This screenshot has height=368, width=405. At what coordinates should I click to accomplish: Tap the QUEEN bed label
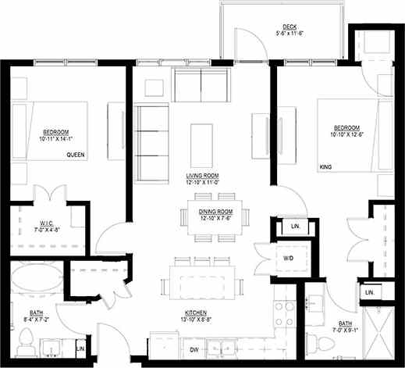76,155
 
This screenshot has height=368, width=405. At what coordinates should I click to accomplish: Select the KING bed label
325,166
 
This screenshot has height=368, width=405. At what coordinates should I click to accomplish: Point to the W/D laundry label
288,257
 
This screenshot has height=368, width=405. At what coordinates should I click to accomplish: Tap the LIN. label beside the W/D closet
295,227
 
